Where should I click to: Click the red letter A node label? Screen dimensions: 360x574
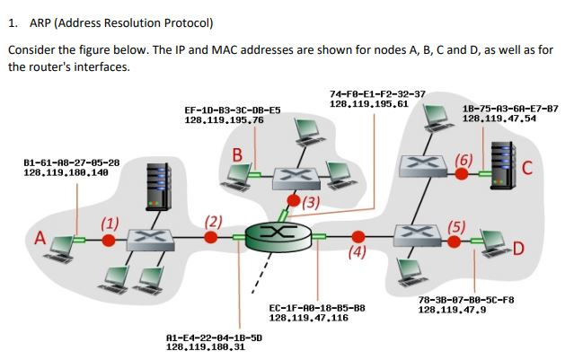coord(40,239)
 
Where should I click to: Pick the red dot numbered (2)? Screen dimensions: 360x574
coord(211,237)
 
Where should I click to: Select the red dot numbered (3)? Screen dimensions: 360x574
coord(294,201)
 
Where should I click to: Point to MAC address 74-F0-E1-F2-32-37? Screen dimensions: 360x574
coord(378,93)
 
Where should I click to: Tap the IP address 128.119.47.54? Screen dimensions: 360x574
coord(499,118)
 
